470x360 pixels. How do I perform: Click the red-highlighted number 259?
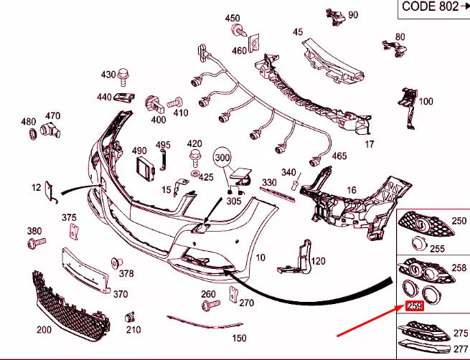click(x=415, y=305)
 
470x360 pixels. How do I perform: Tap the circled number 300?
click(x=222, y=158)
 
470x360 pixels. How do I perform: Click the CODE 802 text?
click(x=430, y=6)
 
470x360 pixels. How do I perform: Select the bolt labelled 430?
click(x=123, y=77)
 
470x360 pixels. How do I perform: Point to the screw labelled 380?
click(x=37, y=242)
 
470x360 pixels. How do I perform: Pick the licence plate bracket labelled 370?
click(x=85, y=270)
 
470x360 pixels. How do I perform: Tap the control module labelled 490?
click(x=146, y=169)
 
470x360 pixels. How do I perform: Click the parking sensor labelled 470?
click(x=50, y=129)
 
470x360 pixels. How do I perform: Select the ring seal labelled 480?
click(x=33, y=134)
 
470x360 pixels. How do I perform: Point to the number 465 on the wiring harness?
click(x=339, y=156)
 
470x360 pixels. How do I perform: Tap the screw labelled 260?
click(x=211, y=305)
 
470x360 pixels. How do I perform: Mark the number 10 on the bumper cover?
click(x=260, y=257)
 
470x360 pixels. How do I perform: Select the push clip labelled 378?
click(x=116, y=263)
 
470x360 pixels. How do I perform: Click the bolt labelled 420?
click(x=195, y=158)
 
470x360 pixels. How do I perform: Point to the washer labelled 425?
click(x=196, y=174)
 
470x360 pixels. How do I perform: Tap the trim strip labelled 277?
click(x=424, y=346)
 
